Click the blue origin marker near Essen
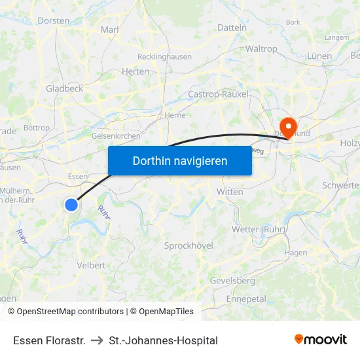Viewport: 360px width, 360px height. pyautogui.click(x=71, y=205)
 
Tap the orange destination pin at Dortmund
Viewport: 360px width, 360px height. pyautogui.click(x=287, y=124)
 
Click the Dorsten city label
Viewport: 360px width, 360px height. pyautogui.click(x=54, y=20)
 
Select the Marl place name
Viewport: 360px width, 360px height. pyautogui.click(x=109, y=29)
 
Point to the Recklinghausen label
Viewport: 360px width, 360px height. pyautogui.click(x=164, y=56)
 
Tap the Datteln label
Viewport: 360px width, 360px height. pyautogui.click(x=232, y=28)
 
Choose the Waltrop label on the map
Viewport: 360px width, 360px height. pyautogui.click(x=261, y=49)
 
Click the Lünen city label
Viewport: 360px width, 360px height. pyautogui.click(x=319, y=56)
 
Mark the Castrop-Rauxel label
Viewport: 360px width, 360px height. pyautogui.click(x=218, y=94)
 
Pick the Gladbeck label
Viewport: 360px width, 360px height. pyautogui.click(x=64, y=88)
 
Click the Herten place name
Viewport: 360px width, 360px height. pyautogui.click(x=135, y=71)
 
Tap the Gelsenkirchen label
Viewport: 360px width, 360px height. pyautogui.click(x=116, y=135)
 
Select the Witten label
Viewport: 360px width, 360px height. pyautogui.click(x=230, y=192)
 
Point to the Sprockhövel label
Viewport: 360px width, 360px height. pyautogui.click(x=189, y=245)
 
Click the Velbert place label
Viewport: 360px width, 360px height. pyautogui.click(x=92, y=265)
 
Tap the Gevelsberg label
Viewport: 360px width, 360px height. pyautogui.click(x=232, y=280)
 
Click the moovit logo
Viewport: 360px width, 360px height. pyautogui.click(x=321, y=339)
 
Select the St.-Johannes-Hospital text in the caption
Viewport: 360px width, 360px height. pyautogui.click(x=164, y=340)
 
